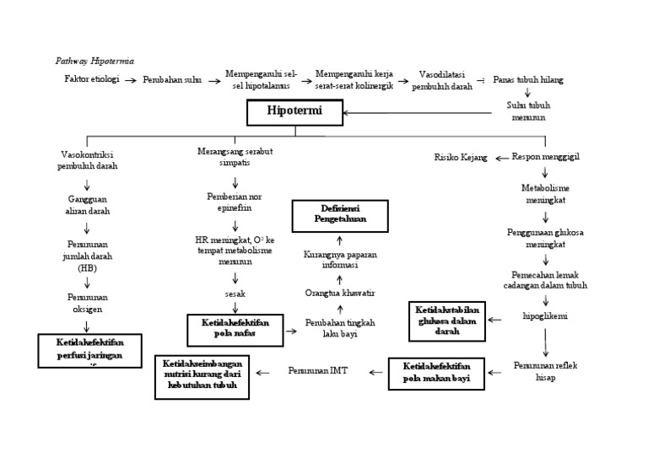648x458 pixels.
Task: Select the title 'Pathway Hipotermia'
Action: point(94,62)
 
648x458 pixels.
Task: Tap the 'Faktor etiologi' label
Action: point(91,79)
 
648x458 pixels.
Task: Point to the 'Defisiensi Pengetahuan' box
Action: point(340,216)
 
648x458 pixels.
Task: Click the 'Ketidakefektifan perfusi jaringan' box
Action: point(89,351)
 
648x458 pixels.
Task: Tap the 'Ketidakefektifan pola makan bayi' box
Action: point(437,372)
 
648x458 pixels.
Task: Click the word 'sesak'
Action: point(235,294)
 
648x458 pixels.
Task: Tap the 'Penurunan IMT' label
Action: point(317,369)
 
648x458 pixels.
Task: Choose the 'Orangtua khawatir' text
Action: point(339,292)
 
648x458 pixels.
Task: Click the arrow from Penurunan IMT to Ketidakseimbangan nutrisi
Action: point(263,371)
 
